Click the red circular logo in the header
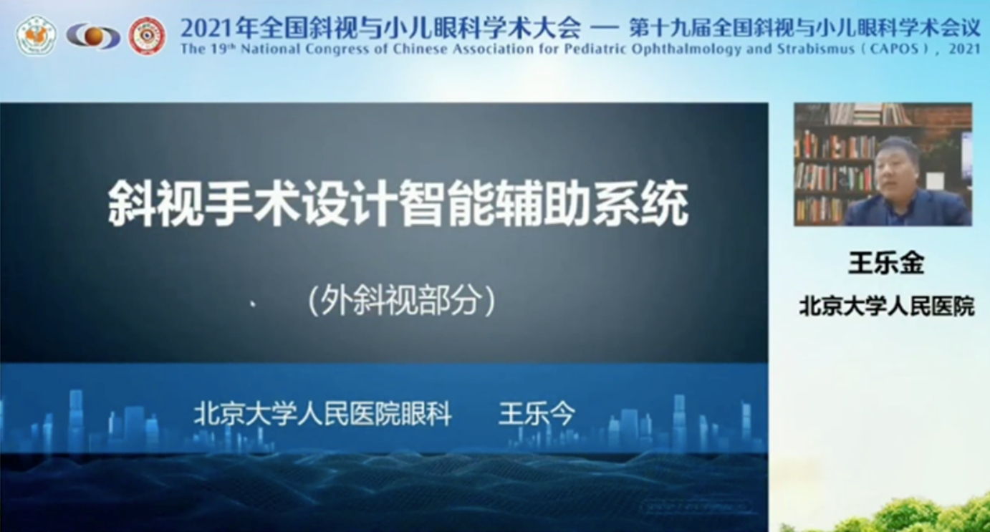pos(147,36)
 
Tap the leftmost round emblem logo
pos(37,35)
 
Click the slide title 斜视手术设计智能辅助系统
pos(398,203)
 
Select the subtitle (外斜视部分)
pos(402,301)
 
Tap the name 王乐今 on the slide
pos(537,414)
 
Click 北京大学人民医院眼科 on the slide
pos(322,414)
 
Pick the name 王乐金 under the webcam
pos(886,263)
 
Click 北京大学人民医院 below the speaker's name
pos(887,306)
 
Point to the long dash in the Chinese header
pos(604,29)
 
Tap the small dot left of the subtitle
pos(253,303)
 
